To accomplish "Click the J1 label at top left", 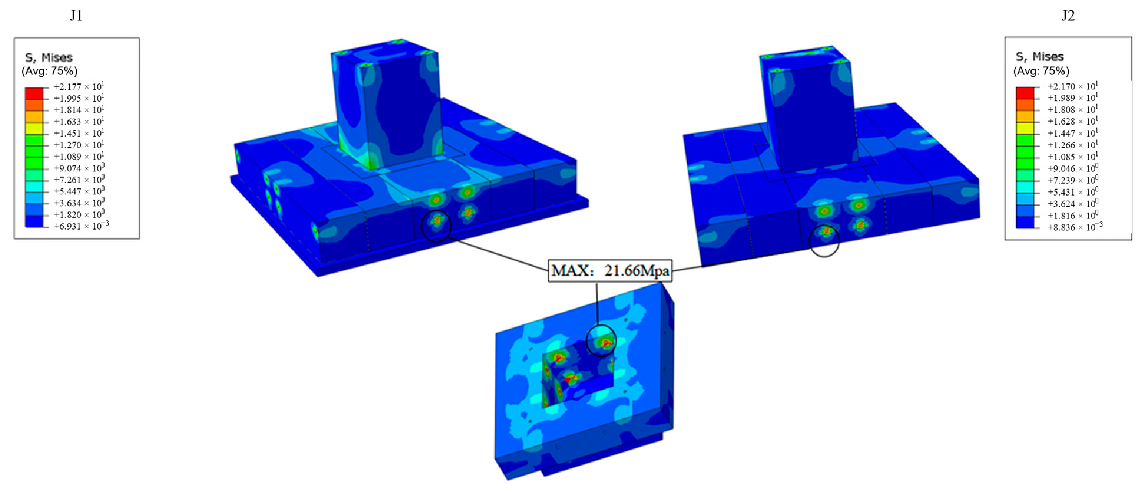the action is [76, 16].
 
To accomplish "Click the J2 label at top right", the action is [1068, 16].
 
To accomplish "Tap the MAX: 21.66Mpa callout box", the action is [610, 271].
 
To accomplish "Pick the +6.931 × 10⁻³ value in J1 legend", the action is [81, 226].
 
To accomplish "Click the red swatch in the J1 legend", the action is [34, 93].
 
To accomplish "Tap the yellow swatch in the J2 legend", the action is [1025, 128].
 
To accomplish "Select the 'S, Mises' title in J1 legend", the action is [49, 57].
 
